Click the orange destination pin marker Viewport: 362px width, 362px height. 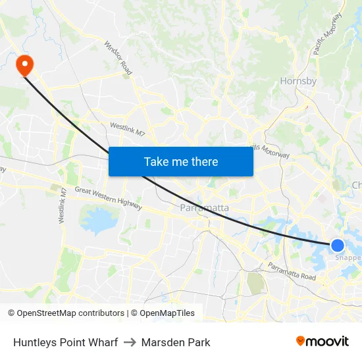pos(24,65)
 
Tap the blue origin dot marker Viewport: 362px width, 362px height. pos(338,246)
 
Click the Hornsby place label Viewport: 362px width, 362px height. pos(298,82)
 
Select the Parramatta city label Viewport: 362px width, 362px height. pos(205,208)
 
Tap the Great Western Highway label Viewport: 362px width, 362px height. pos(108,199)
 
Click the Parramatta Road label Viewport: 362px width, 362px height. pos(292,271)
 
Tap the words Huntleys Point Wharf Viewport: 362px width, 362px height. pos(65,342)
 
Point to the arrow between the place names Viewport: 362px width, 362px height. pos(129,342)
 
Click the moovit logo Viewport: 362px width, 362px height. pos(322,341)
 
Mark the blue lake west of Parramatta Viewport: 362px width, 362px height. pos(99,220)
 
